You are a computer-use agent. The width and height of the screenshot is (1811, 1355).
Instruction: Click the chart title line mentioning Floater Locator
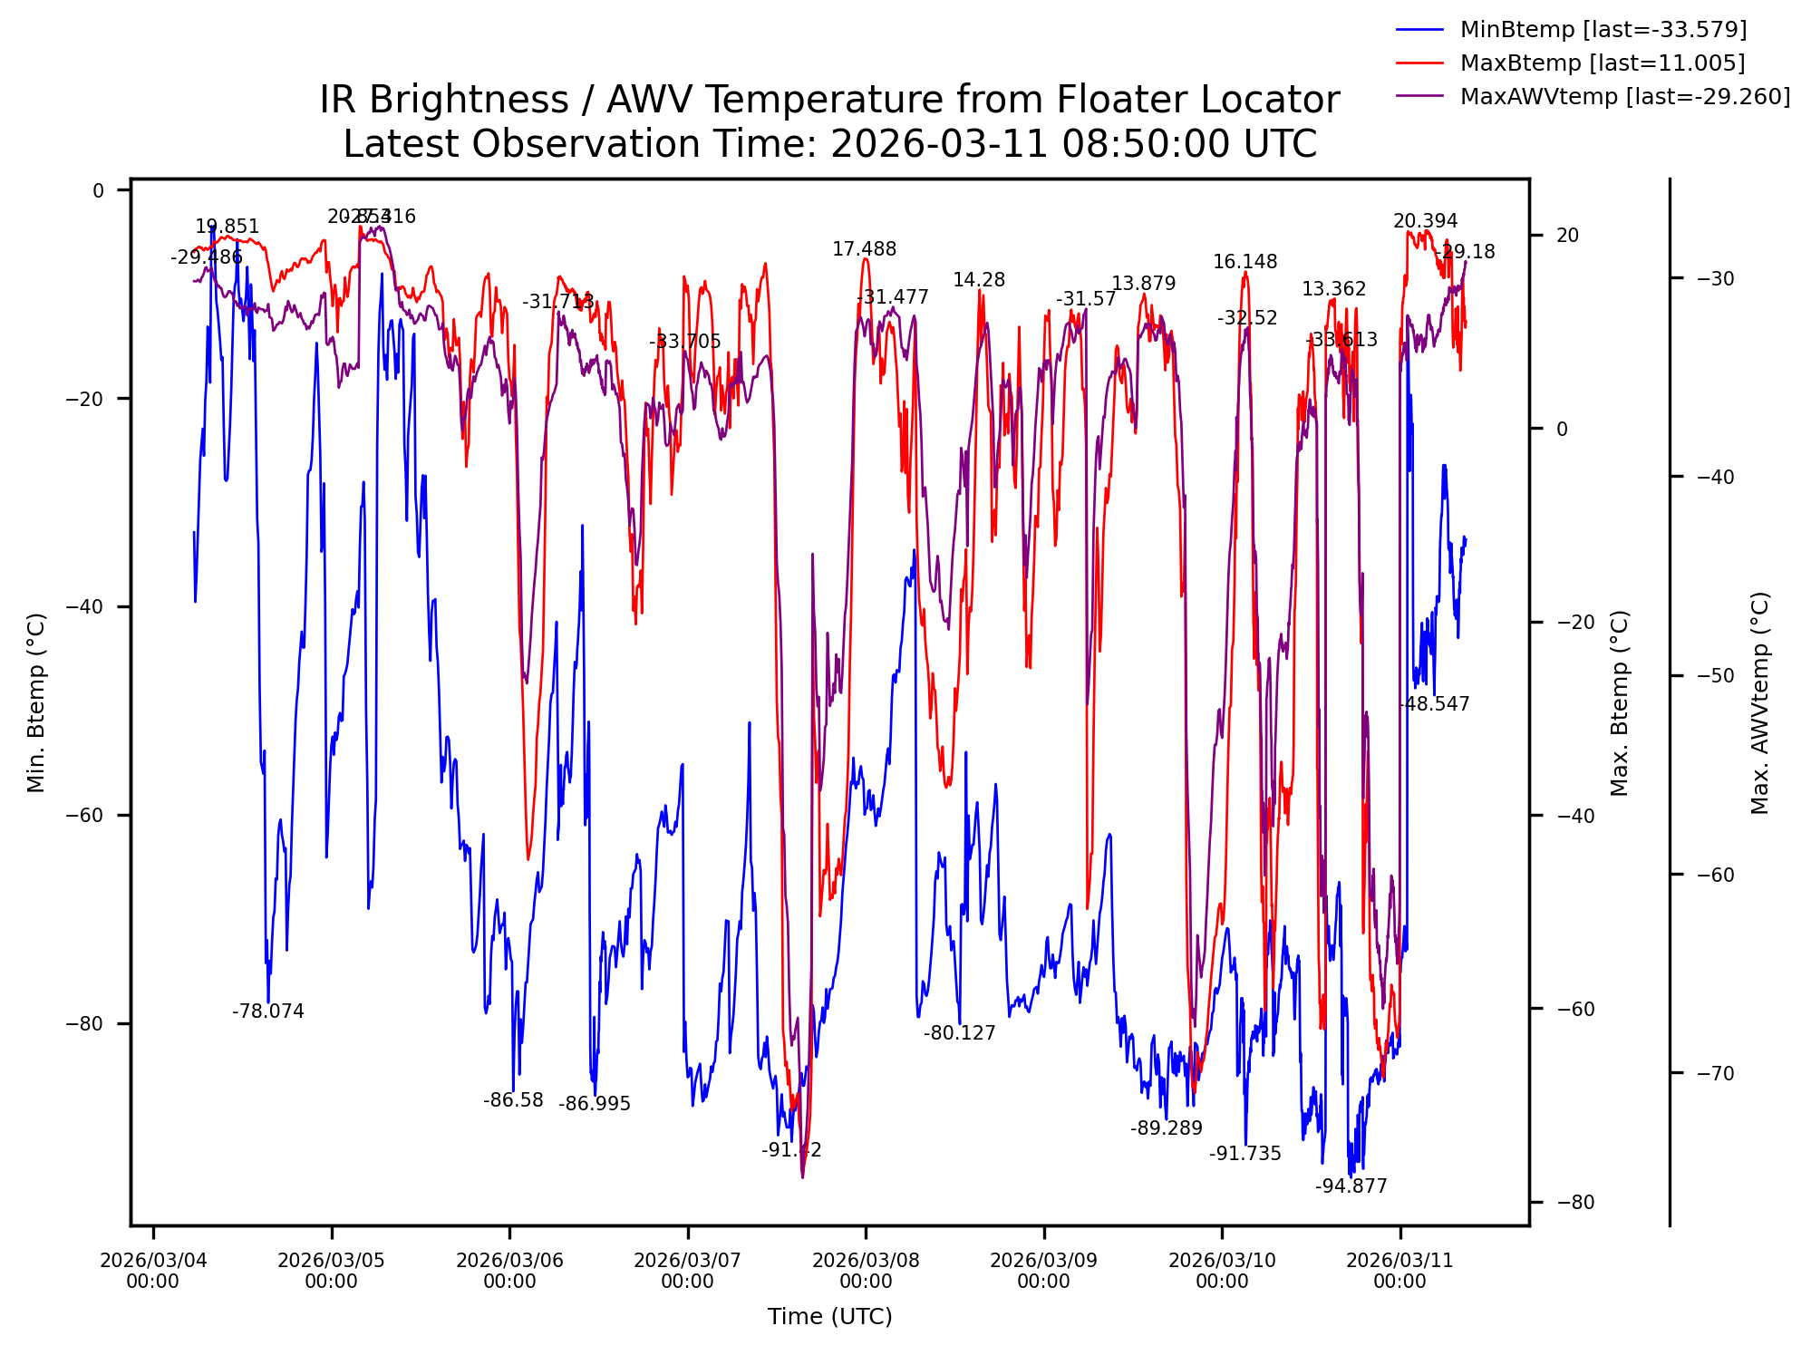(x=829, y=100)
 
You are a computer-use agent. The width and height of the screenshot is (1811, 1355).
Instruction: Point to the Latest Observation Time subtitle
(x=829, y=144)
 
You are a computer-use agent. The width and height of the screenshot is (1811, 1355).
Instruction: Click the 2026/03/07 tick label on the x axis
(x=687, y=1271)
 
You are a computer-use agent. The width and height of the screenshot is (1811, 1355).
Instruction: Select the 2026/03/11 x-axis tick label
(x=1399, y=1271)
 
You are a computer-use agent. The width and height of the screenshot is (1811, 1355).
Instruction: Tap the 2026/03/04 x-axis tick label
(x=153, y=1271)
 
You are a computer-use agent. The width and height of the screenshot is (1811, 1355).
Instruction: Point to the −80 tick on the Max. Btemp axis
(x=1574, y=1203)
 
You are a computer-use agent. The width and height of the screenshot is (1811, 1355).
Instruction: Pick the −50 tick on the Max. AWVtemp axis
(x=1714, y=676)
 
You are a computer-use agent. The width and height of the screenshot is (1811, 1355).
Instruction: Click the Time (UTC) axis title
(x=829, y=1317)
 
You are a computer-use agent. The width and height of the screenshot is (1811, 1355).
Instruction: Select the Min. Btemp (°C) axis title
(x=36, y=702)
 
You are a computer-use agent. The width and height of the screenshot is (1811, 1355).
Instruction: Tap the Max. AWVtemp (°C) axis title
(x=1759, y=702)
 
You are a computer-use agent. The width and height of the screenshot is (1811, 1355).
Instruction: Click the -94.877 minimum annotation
(x=1351, y=1186)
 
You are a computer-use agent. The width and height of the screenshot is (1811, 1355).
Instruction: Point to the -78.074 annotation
(x=267, y=1011)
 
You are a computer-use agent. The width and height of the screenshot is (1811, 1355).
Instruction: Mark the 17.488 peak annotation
(x=864, y=249)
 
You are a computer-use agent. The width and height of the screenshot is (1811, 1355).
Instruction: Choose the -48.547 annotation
(x=1433, y=704)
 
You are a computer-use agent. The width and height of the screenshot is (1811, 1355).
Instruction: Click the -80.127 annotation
(x=959, y=1033)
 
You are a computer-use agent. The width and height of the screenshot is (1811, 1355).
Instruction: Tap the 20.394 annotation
(x=1425, y=221)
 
